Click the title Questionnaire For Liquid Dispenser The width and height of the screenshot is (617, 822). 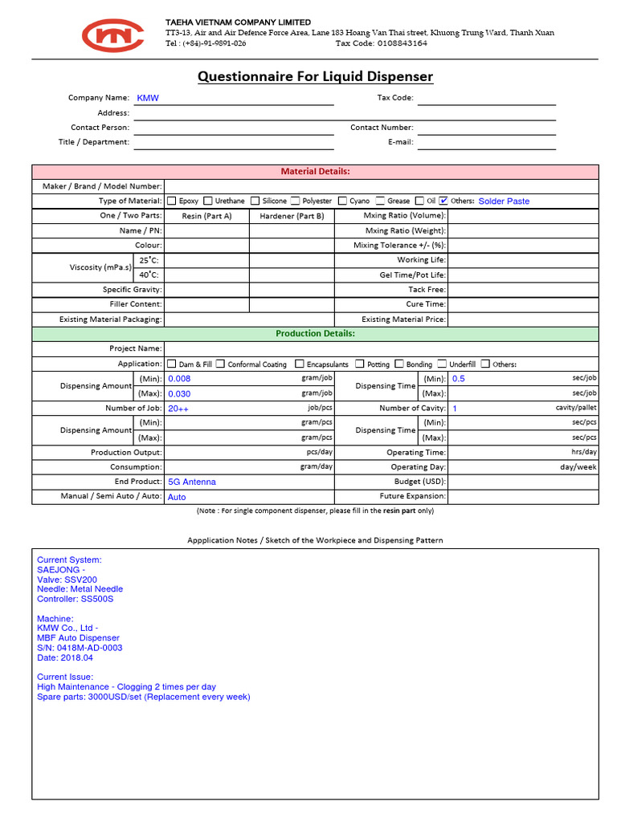(x=315, y=77)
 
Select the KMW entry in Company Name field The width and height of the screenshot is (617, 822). (x=148, y=98)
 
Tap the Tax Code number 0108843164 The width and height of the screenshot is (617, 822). (x=392, y=43)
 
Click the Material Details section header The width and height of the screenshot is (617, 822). (x=315, y=171)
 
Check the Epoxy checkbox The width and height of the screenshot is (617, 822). (x=171, y=201)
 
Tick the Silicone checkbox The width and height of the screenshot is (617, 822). (x=255, y=201)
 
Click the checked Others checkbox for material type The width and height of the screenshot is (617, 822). (x=443, y=201)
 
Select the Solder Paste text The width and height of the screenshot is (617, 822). (x=504, y=201)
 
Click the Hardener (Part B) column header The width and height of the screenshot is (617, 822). (x=292, y=216)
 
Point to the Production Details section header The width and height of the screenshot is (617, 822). (x=315, y=334)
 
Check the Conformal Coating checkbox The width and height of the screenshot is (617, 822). (x=221, y=364)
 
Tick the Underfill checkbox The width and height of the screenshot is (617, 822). (x=442, y=364)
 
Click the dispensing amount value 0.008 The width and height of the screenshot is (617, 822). (x=179, y=379)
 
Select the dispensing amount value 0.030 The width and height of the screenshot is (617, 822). (x=179, y=393)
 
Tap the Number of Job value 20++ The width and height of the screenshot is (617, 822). (x=178, y=409)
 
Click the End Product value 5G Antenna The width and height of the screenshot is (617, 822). (x=191, y=482)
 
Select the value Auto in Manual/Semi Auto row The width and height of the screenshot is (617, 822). (x=176, y=497)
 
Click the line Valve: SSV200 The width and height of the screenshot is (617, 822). (x=67, y=580)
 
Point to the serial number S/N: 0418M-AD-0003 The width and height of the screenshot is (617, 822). (x=80, y=648)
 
